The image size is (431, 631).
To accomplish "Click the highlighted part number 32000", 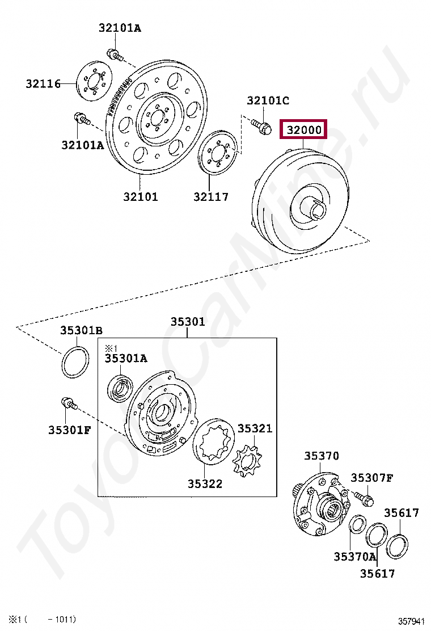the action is (303, 129).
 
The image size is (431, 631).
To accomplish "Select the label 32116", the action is (43, 84).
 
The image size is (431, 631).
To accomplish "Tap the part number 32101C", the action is (268, 100).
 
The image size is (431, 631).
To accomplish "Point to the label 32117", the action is (210, 197).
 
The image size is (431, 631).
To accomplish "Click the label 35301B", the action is (81, 330).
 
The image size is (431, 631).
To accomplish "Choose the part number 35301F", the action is (70, 430).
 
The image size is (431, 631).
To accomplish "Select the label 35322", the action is (205, 483).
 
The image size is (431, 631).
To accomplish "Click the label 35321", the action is (255, 428).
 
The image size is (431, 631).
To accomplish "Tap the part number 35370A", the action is (355, 557).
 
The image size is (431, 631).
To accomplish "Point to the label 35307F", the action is (372, 478).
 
